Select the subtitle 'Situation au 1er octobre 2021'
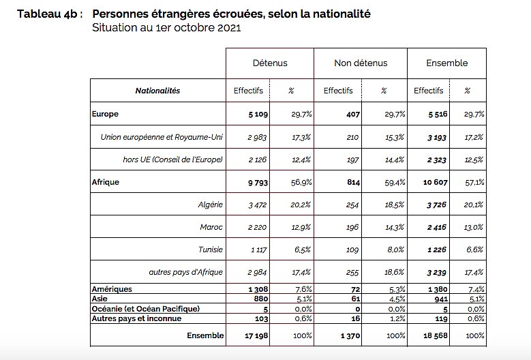166,28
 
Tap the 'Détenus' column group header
270,63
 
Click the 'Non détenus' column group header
361,63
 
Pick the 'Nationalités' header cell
157,91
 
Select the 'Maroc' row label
212,227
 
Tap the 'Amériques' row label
112,290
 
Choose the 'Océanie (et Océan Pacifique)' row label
142,309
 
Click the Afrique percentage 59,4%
395,182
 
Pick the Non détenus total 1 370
348,335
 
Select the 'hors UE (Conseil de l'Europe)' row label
171,160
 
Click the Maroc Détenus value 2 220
257,227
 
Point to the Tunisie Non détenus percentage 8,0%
396,250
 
